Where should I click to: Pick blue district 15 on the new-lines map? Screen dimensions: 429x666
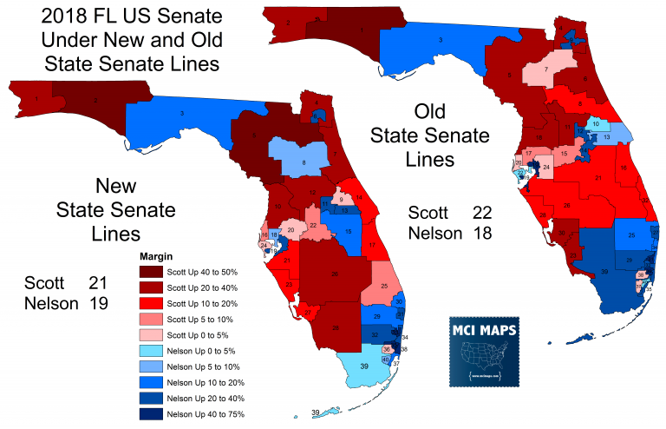(x=347, y=232)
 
